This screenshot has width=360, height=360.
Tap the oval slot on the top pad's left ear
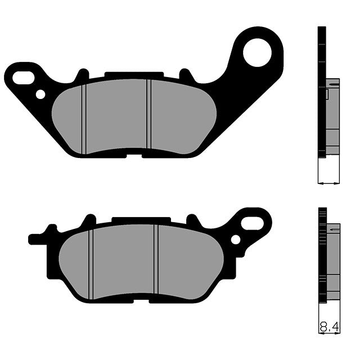click(x=23, y=78)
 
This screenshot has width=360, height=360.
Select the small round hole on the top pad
click(x=40, y=94)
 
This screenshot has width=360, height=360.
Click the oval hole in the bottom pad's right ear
click(x=249, y=223)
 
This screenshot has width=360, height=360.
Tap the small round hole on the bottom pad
click(x=235, y=240)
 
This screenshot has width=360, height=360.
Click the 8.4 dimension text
click(x=329, y=326)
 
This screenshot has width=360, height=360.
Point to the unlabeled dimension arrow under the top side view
click(x=329, y=182)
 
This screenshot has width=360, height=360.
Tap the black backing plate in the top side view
click(x=322, y=90)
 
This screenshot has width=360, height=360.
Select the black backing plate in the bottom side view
click(x=322, y=253)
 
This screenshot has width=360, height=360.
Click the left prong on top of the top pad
click(x=82, y=74)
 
